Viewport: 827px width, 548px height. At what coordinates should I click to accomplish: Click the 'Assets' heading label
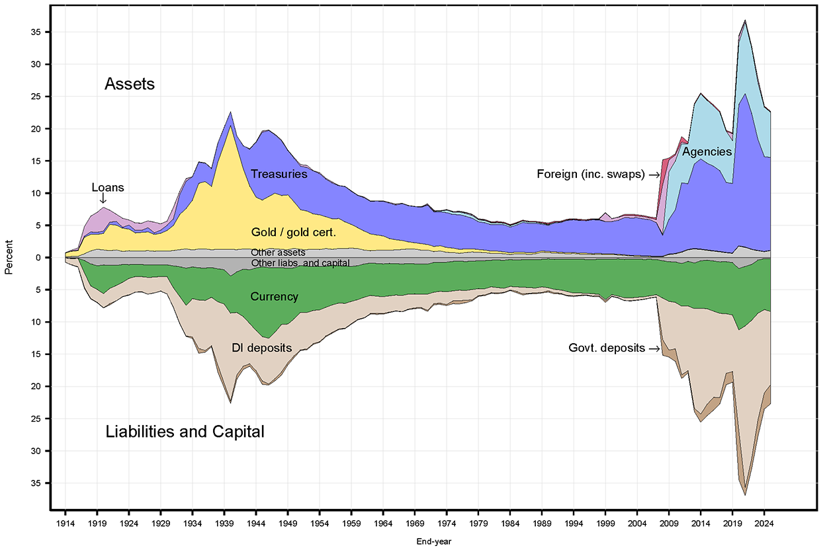pos(130,84)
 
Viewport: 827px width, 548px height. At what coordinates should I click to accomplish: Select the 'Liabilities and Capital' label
pos(185,432)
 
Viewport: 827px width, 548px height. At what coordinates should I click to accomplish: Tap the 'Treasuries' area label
pos(279,175)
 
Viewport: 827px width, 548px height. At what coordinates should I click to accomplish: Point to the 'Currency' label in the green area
pos(274,297)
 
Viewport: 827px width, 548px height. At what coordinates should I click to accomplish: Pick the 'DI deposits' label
pos(261,348)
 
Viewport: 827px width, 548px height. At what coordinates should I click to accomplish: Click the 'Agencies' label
pos(707,152)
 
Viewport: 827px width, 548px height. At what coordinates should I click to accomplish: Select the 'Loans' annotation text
pos(107,188)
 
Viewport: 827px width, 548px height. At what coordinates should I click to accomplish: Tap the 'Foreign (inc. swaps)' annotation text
pos(591,175)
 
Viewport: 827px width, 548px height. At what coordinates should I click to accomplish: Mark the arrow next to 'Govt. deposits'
pos(655,348)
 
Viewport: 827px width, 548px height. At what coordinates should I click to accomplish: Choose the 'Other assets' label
pos(278,253)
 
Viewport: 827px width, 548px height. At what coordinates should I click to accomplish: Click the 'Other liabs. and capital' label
pos(300,263)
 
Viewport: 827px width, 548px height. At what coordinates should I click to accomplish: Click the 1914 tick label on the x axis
pos(65,520)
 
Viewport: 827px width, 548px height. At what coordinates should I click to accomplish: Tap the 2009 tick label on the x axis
pos(669,520)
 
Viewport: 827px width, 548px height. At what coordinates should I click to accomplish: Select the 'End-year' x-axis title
pos(433,541)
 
